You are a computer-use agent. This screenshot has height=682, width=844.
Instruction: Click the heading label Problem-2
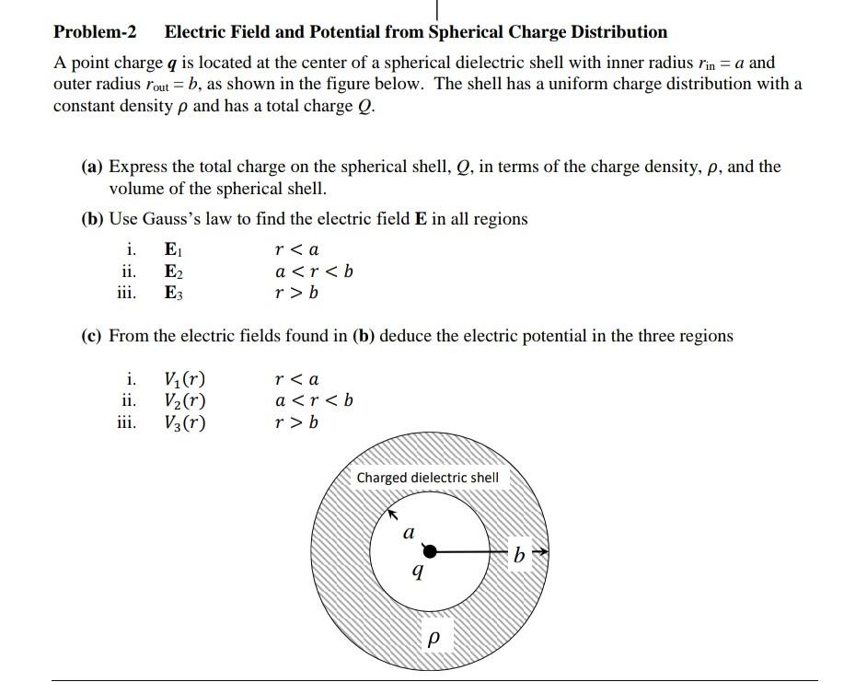95,32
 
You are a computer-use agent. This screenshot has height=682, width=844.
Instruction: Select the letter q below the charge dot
419,572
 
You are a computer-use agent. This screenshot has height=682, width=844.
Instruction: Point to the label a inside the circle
409,531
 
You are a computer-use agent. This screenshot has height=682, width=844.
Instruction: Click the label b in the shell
521,555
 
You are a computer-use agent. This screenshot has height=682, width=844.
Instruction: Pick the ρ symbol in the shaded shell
435,637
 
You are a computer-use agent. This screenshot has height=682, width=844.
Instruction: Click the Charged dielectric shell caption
427,478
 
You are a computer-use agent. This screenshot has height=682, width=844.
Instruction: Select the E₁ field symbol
173,249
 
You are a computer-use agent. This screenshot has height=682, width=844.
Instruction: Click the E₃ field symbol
173,294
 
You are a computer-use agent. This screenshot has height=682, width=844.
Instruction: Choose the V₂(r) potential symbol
184,400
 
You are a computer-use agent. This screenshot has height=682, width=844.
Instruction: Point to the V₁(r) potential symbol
184,378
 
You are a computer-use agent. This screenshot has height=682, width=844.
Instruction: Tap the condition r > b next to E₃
296,294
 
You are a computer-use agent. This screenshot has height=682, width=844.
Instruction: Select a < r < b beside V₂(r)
314,400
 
